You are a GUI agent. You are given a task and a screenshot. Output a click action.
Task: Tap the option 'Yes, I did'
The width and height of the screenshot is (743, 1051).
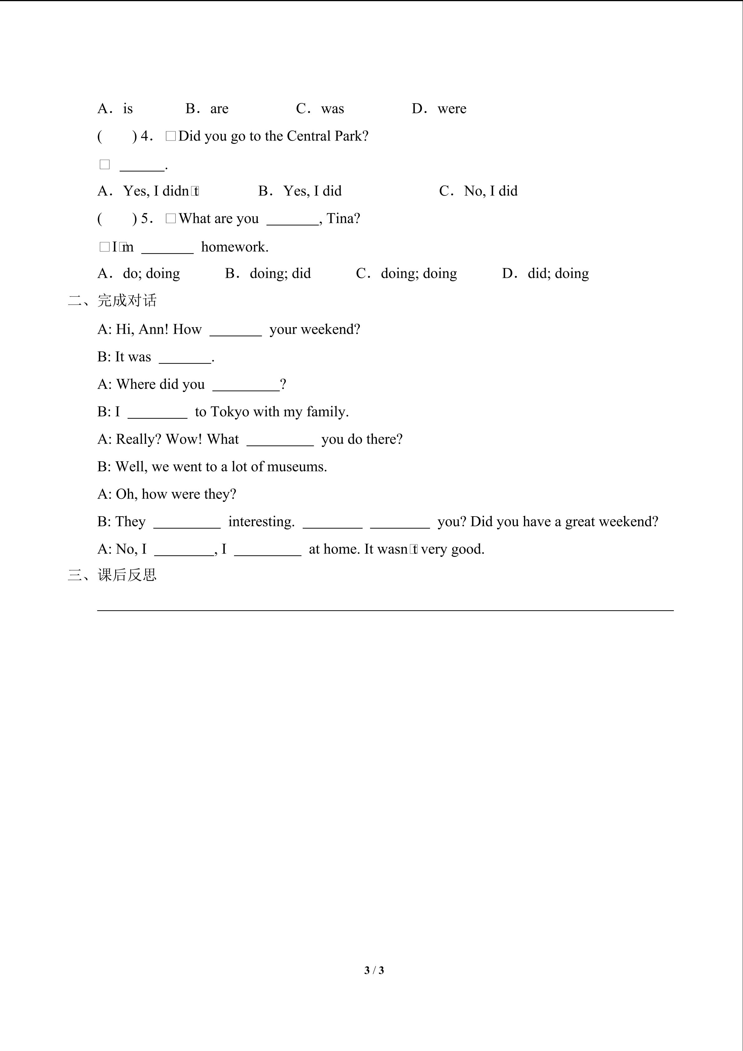pos(312,191)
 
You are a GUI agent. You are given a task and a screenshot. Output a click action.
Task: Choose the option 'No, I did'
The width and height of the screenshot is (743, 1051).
pos(491,191)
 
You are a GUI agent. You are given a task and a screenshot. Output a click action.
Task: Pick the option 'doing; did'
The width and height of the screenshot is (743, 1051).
pos(280,273)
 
